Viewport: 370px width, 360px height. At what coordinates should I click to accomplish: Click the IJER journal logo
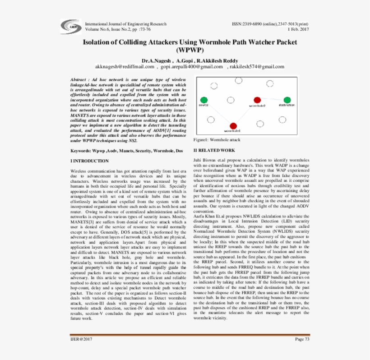coord(73,27)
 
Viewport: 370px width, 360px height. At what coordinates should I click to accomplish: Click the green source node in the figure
coord(204,100)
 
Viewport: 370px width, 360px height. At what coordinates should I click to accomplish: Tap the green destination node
coord(287,100)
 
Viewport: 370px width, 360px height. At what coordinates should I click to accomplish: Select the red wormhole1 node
coord(233,126)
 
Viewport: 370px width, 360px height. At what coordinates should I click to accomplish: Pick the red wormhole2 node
coord(257,100)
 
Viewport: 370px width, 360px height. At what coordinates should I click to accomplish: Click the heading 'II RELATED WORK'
coord(214,150)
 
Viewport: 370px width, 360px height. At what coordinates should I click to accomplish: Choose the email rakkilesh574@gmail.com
coord(257,67)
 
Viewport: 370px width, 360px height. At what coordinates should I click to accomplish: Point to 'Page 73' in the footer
coord(302,339)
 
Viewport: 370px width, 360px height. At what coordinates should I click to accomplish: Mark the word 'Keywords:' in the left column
coord(81,150)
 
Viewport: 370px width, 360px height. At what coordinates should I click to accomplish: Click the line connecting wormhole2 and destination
coord(272,100)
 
